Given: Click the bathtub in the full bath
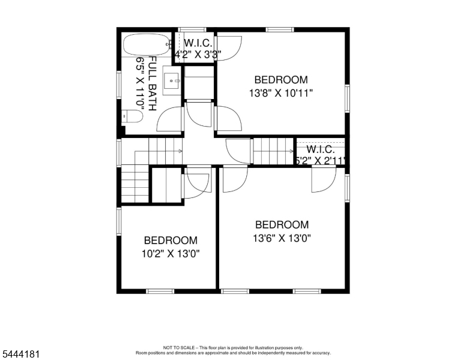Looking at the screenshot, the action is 147,45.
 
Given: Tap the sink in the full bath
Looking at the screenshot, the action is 171,80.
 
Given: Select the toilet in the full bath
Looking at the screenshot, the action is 132,116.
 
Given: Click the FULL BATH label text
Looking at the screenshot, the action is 152,84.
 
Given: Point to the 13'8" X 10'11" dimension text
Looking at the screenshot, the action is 281,93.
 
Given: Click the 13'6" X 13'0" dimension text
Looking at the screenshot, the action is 282,238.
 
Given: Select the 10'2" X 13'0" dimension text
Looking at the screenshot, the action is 171,254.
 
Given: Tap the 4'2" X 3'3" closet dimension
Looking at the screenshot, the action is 198,55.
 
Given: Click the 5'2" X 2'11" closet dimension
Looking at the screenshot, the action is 321,161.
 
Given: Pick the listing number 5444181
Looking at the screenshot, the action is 21,354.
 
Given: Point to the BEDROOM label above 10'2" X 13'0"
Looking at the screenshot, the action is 171,240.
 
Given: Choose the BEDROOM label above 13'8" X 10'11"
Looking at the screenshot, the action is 281,80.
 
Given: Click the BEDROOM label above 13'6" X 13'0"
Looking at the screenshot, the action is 282,224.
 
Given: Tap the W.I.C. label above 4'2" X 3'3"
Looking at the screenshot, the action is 198,43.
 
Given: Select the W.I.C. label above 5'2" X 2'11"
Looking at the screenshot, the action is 321,149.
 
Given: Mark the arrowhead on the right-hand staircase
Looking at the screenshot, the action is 292,151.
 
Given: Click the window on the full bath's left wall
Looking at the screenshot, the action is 119,85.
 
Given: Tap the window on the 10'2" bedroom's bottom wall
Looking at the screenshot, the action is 160,292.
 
